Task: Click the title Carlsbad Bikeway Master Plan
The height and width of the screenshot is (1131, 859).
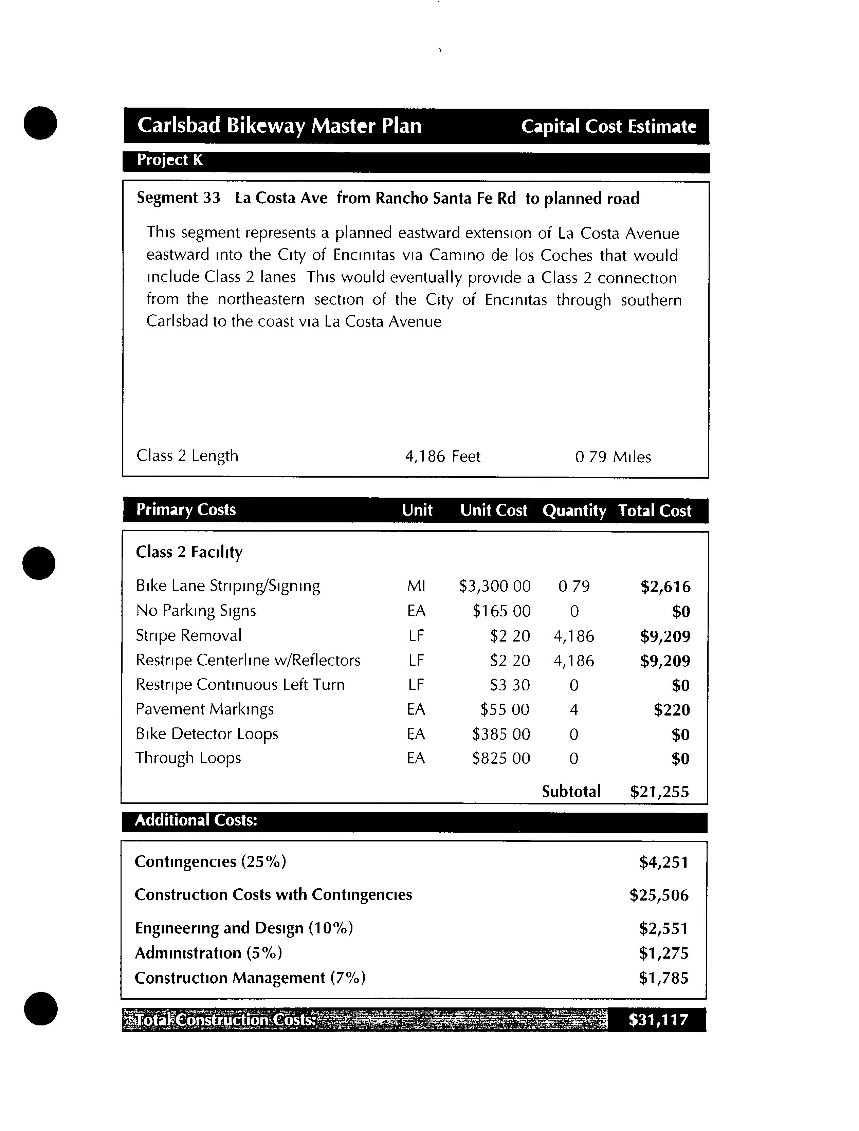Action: tap(279, 126)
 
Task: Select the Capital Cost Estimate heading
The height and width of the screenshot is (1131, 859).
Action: tap(608, 126)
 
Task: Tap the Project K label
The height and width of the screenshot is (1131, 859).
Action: tap(169, 161)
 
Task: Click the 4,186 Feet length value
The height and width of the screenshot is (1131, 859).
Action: tap(442, 456)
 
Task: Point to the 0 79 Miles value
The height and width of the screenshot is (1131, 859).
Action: tap(613, 457)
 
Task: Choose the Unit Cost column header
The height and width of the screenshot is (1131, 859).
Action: tap(493, 510)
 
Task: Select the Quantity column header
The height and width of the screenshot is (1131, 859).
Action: tap(574, 511)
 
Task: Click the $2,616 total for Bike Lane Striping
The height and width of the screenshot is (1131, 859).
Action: tap(665, 587)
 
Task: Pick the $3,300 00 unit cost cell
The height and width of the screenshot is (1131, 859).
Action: tap(494, 586)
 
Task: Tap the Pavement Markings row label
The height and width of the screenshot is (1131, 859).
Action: tap(204, 709)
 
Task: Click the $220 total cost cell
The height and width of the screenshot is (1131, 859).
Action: tap(672, 710)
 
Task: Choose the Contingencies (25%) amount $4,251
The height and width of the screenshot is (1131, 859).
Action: tap(664, 863)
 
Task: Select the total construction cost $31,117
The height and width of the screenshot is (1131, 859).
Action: tap(659, 1020)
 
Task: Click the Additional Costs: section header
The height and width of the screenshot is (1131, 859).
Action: tap(196, 820)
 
